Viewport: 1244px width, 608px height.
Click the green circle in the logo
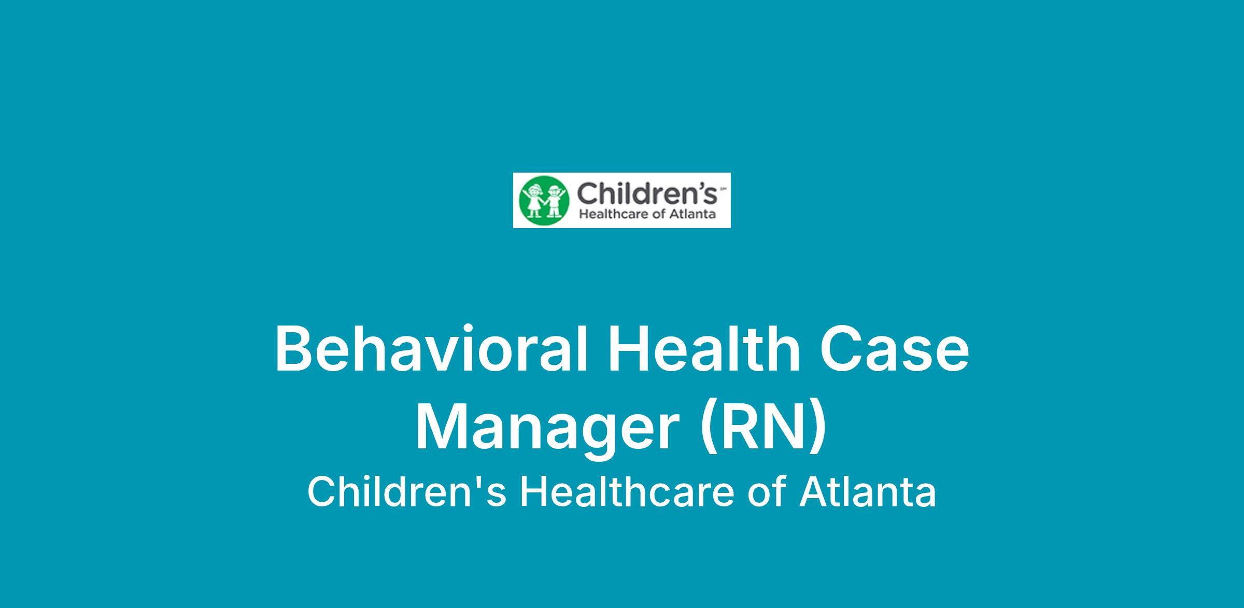click(544, 200)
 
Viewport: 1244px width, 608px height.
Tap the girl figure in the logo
click(533, 201)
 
